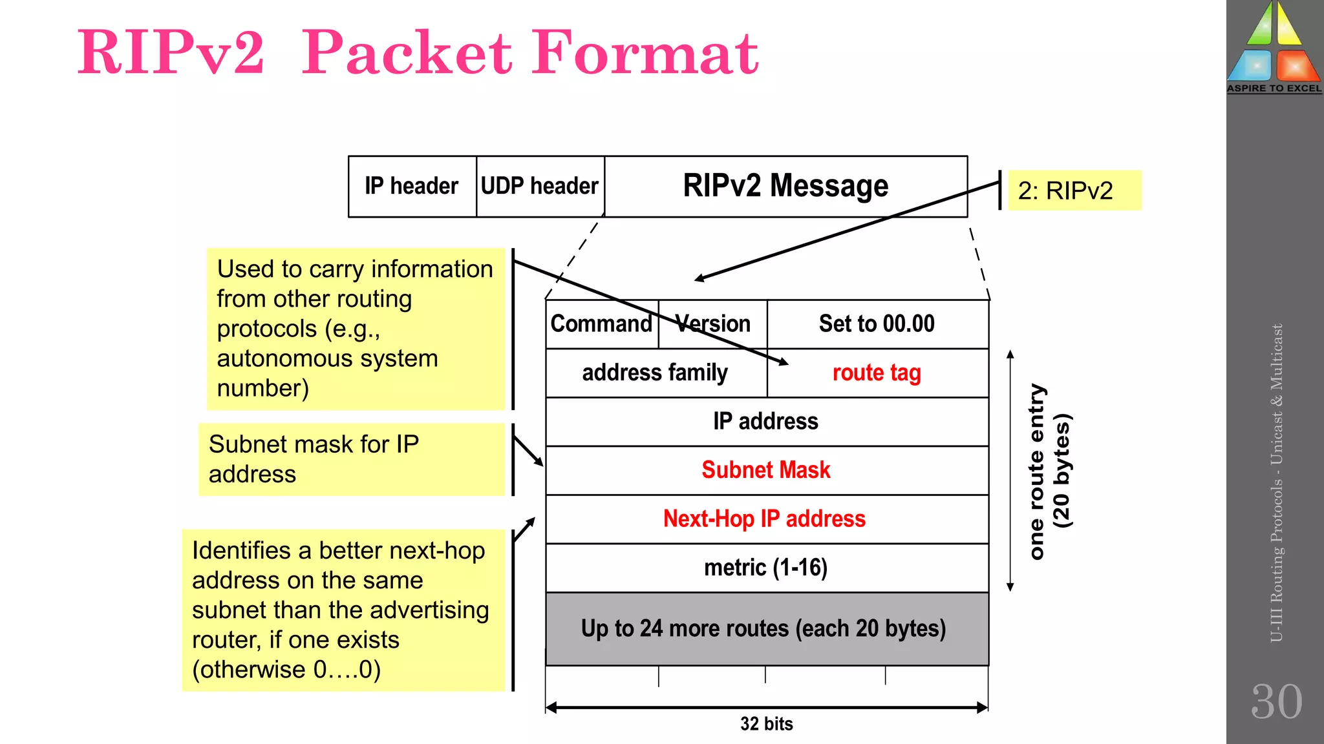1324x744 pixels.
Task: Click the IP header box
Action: coord(412,186)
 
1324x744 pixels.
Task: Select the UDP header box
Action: coord(540,186)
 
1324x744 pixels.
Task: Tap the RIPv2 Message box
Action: coord(785,186)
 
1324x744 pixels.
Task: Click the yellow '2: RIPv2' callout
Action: coord(1074,191)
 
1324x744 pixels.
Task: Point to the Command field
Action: coord(601,324)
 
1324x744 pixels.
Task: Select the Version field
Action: coord(713,324)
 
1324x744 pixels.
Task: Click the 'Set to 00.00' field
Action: coord(877,324)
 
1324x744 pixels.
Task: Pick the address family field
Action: coord(655,373)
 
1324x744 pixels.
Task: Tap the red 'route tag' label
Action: coord(877,373)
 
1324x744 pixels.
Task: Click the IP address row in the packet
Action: coord(766,421)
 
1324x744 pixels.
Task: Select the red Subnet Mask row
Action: coord(766,470)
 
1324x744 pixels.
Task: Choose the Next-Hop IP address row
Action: coord(765,519)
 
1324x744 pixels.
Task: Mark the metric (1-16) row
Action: coord(766,568)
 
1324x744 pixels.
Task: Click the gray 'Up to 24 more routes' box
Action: coord(764,628)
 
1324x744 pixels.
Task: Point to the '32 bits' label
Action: coord(767,724)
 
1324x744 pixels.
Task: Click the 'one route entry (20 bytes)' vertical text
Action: coord(1049,471)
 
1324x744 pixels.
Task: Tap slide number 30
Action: coord(1276,702)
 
